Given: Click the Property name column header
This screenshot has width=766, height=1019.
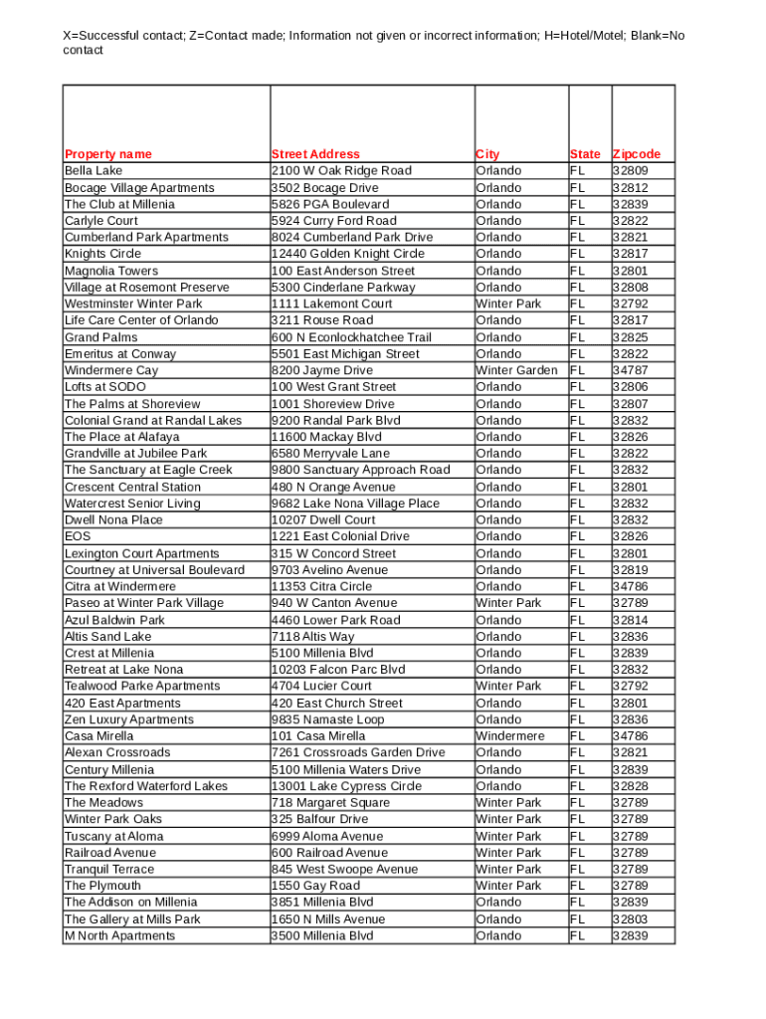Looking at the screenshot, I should [108, 154].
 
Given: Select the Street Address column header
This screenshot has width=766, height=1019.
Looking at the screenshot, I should [315, 154].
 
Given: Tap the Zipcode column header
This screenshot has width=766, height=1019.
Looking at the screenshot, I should [637, 154].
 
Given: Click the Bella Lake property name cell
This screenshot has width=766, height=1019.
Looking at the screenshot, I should [94, 171].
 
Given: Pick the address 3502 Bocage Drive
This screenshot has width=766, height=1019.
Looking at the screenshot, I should [324, 188].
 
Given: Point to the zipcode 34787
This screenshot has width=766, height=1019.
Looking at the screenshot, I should [630, 370].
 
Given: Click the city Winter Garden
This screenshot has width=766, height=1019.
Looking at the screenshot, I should [516, 370].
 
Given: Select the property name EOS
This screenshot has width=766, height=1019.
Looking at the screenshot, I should [78, 536].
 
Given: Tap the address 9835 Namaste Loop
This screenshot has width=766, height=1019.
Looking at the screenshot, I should [327, 719].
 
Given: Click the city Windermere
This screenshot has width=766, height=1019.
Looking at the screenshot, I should [509, 736].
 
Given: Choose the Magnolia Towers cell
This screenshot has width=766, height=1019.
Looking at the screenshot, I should [111, 271].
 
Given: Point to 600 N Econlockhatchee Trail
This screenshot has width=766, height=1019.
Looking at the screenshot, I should [351, 337].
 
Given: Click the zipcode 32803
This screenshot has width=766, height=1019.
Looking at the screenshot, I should [630, 919].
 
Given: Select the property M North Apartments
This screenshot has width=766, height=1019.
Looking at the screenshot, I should [119, 935].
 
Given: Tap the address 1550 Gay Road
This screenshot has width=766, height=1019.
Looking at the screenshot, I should [315, 886].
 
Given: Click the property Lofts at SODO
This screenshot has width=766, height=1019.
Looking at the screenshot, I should [104, 387].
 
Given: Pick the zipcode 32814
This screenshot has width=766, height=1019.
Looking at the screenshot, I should [630, 620].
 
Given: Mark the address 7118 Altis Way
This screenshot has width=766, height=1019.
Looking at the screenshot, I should [312, 637].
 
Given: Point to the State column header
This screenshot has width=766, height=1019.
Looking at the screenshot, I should [585, 154].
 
